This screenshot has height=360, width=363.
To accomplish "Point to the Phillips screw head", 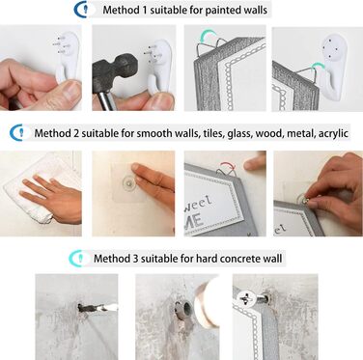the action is click(247, 298).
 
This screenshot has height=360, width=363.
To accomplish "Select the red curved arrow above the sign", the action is click(227, 165).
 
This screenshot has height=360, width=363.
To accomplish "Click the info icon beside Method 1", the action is click(84, 10).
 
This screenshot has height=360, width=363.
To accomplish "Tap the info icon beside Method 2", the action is click(19, 132).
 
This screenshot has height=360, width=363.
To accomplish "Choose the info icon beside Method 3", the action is click(78, 258).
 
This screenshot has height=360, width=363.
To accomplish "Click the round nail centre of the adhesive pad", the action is click(128, 182).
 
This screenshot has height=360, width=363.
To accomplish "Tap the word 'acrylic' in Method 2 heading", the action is click(333, 133).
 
